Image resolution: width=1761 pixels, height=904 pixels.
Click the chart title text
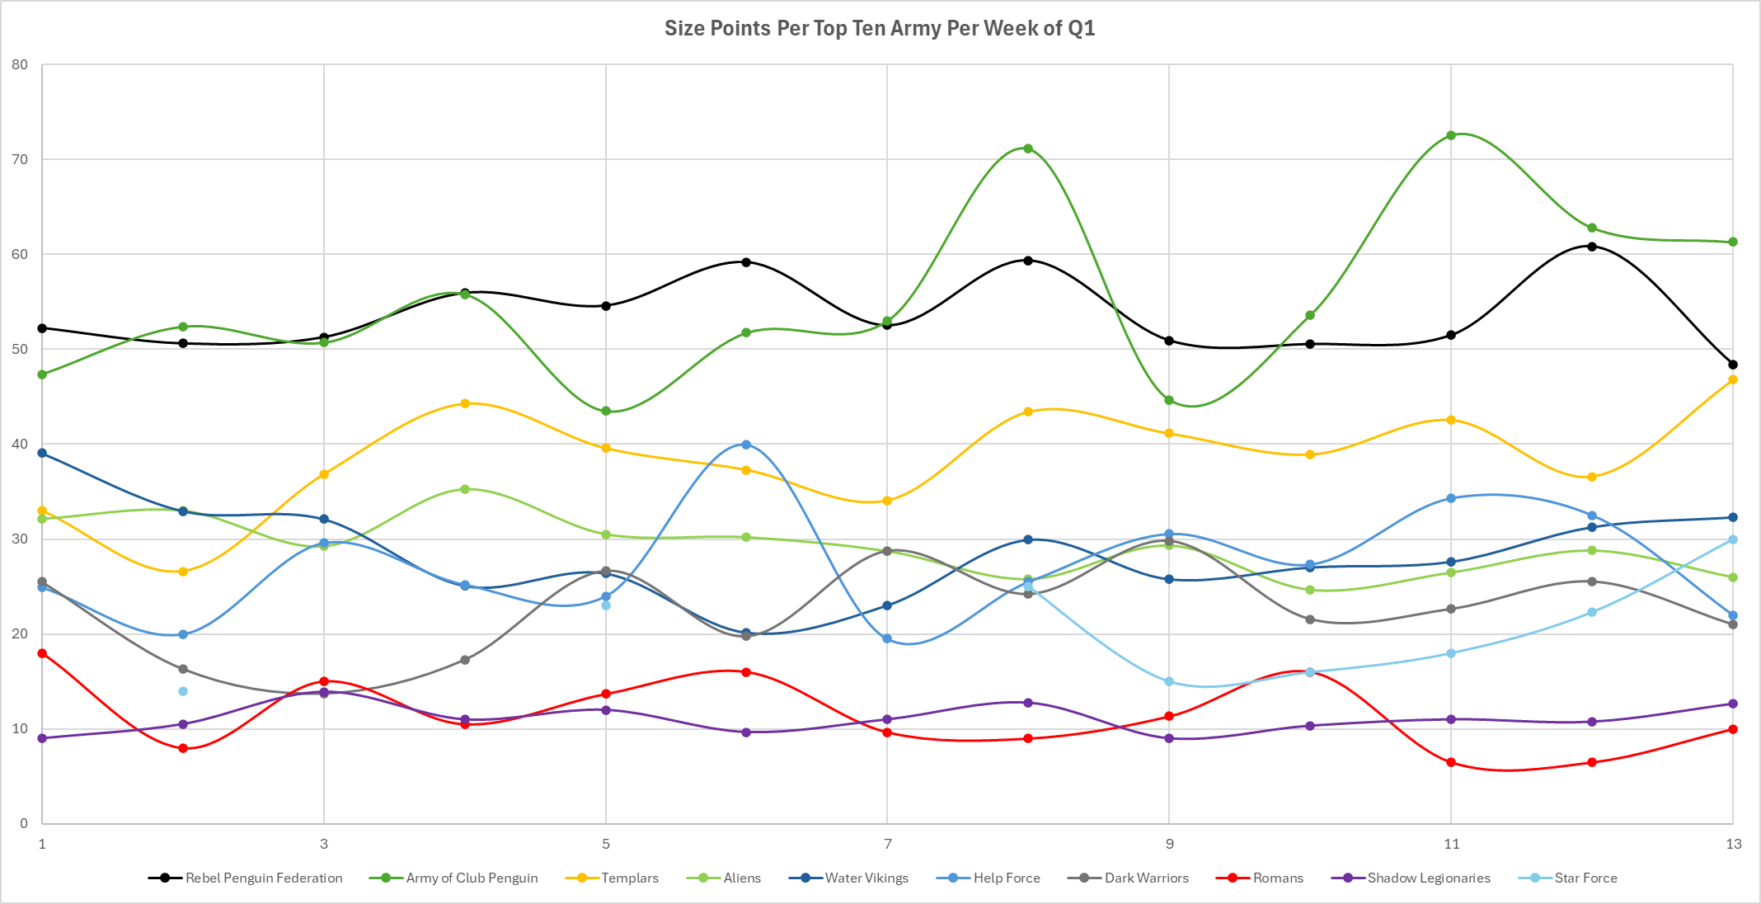(x=880, y=28)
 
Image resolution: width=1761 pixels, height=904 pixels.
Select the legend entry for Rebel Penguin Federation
(x=263, y=878)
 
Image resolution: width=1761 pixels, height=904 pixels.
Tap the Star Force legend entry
(x=1585, y=878)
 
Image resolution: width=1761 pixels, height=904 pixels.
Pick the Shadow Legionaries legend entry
(x=1428, y=878)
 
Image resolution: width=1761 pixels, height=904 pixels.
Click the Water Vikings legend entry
(x=866, y=878)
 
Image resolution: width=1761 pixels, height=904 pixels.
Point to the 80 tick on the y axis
(x=20, y=64)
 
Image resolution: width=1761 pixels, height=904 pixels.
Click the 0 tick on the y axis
(x=24, y=823)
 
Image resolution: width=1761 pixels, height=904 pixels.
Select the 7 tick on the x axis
(x=887, y=844)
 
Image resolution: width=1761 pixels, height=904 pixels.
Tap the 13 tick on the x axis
(x=1733, y=844)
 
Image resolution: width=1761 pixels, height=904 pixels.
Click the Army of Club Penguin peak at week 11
(x=1451, y=135)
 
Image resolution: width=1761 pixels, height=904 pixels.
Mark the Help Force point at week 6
(x=746, y=445)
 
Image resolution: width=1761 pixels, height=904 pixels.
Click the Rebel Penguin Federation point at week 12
(x=1592, y=246)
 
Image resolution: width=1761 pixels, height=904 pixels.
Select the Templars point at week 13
(x=1733, y=379)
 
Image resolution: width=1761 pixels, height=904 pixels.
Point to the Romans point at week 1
(x=42, y=653)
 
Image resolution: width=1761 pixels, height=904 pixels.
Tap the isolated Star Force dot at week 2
(x=183, y=691)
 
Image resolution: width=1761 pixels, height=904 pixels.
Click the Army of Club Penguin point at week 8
(x=1028, y=148)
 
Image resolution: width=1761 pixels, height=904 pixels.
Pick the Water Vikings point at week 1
(x=42, y=453)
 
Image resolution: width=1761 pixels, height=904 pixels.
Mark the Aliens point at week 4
(x=465, y=489)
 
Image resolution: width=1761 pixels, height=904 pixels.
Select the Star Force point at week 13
(x=1733, y=539)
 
